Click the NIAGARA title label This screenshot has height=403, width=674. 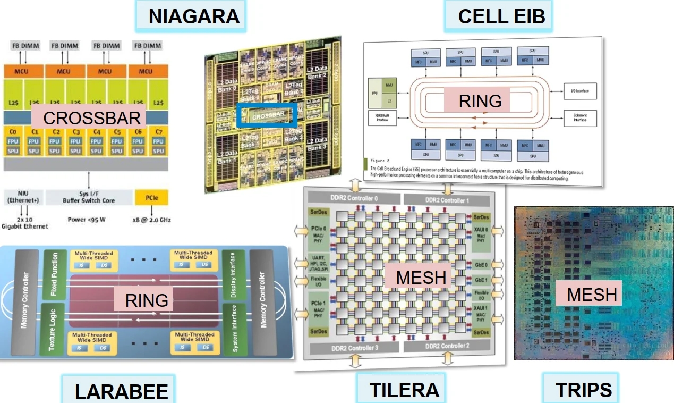click(x=194, y=16)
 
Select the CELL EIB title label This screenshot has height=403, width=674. click(x=501, y=16)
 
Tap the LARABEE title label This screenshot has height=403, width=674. click(x=121, y=391)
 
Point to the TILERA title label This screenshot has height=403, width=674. click(x=404, y=390)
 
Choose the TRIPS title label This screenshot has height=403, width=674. click(x=584, y=390)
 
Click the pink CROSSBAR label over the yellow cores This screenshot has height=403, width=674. click(x=92, y=118)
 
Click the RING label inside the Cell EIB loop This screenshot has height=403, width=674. click(x=480, y=101)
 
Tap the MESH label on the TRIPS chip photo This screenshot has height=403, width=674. click(x=592, y=293)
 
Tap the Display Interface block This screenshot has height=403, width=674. click(x=230, y=275)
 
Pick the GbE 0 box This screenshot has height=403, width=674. click(x=481, y=264)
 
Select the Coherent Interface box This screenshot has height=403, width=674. click(x=580, y=117)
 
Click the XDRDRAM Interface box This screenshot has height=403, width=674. click(x=382, y=117)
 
